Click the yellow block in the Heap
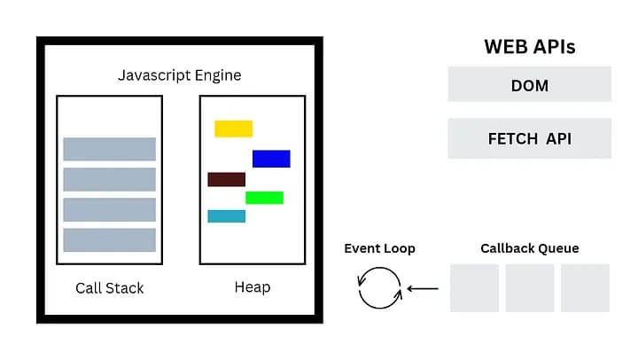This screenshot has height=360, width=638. pos(233,129)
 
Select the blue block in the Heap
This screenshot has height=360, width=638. pos(271,159)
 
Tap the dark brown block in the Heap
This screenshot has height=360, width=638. pos(226,179)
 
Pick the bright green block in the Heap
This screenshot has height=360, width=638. pos(264,198)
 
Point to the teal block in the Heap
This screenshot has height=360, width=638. pos(226,216)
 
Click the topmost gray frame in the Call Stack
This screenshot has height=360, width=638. pos(109,149)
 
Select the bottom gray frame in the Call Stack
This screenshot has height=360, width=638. pos(109,240)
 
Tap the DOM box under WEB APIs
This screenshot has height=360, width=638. pos(529,86)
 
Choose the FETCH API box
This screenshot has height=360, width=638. pos(529,139)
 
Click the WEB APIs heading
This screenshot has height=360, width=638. pos(529,47)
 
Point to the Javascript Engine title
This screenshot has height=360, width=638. pos(179,75)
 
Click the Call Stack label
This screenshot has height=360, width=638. pos(109,288)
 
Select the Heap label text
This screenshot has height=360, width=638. pos(253,287)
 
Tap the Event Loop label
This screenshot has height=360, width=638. pos(379,248)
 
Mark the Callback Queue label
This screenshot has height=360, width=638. pos(529,248)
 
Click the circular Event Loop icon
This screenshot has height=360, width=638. pos(379,288)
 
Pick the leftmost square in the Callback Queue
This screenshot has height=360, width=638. pos(474,288)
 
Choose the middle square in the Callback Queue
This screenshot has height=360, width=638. pos(529,288)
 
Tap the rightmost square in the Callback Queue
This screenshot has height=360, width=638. pos(585,288)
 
